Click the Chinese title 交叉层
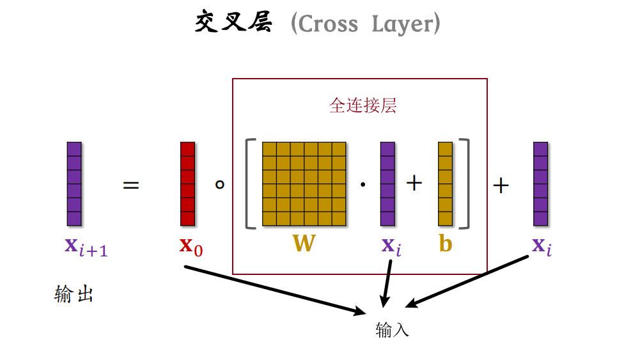[234, 24]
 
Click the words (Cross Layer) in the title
[365, 24]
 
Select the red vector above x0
[187, 184]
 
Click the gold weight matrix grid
[304, 184]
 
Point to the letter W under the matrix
[304, 243]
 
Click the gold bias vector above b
[446, 184]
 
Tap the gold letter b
[446, 243]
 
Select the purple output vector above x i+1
[74, 184]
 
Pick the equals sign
[131, 185]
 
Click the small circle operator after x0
[219, 185]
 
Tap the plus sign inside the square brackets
[415, 184]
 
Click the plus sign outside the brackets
[501, 185]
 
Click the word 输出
[74, 295]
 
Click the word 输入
[392, 330]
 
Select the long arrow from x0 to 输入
[275, 289]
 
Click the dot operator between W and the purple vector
[363, 185]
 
